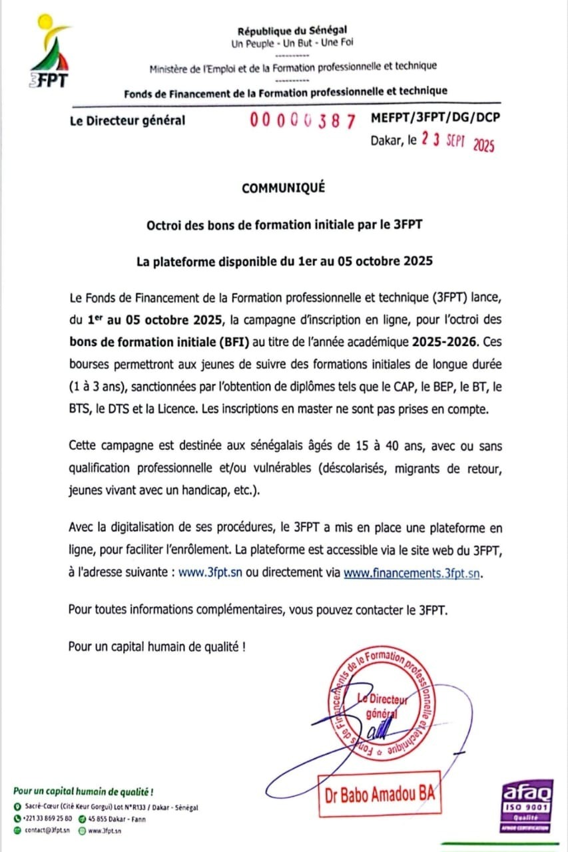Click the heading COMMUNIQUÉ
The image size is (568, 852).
(284, 188)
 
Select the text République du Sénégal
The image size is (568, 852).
(292, 30)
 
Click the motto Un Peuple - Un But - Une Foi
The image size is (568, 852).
(292, 44)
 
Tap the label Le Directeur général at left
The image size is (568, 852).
(127, 120)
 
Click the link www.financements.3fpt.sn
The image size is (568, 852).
(411, 572)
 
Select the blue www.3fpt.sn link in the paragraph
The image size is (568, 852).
(210, 572)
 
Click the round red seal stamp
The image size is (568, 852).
(380, 705)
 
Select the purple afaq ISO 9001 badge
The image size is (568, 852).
(526, 805)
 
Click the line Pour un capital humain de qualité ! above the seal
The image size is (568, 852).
(156, 646)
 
